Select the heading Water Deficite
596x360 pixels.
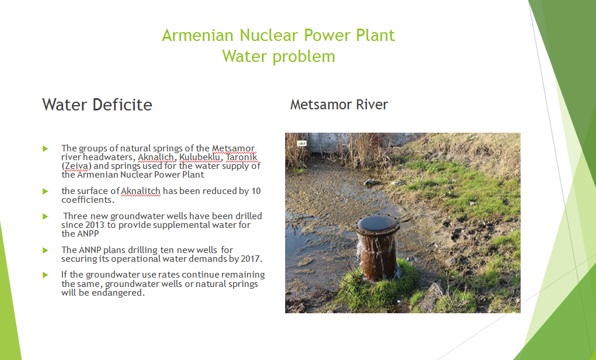98,105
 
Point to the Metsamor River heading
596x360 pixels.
339,105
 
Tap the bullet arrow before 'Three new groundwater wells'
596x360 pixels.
46,216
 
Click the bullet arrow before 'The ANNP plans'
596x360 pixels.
46,250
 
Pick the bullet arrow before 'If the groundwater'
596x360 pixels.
46,275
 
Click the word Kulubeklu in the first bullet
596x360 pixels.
200,157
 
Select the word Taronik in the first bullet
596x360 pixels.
241,157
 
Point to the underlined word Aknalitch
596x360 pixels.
141,191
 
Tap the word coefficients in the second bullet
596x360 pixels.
88,199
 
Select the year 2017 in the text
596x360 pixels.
251,259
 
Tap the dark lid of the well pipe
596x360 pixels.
377,223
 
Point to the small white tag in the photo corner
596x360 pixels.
302,143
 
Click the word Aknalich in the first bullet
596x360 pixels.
156,157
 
